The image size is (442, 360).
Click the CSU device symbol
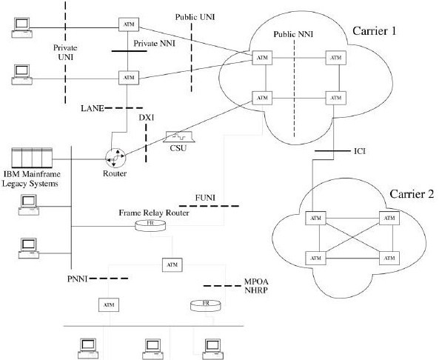pyautogui.click(x=179, y=137)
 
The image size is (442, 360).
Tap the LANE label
pyautogui.click(x=93, y=108)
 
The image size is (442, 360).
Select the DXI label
pyautogui.click(x=148, y=116)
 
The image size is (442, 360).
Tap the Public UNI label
pyautogui.click(x=194, y=16)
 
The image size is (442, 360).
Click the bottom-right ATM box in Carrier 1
pyautogui.click(x=335, y=97)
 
